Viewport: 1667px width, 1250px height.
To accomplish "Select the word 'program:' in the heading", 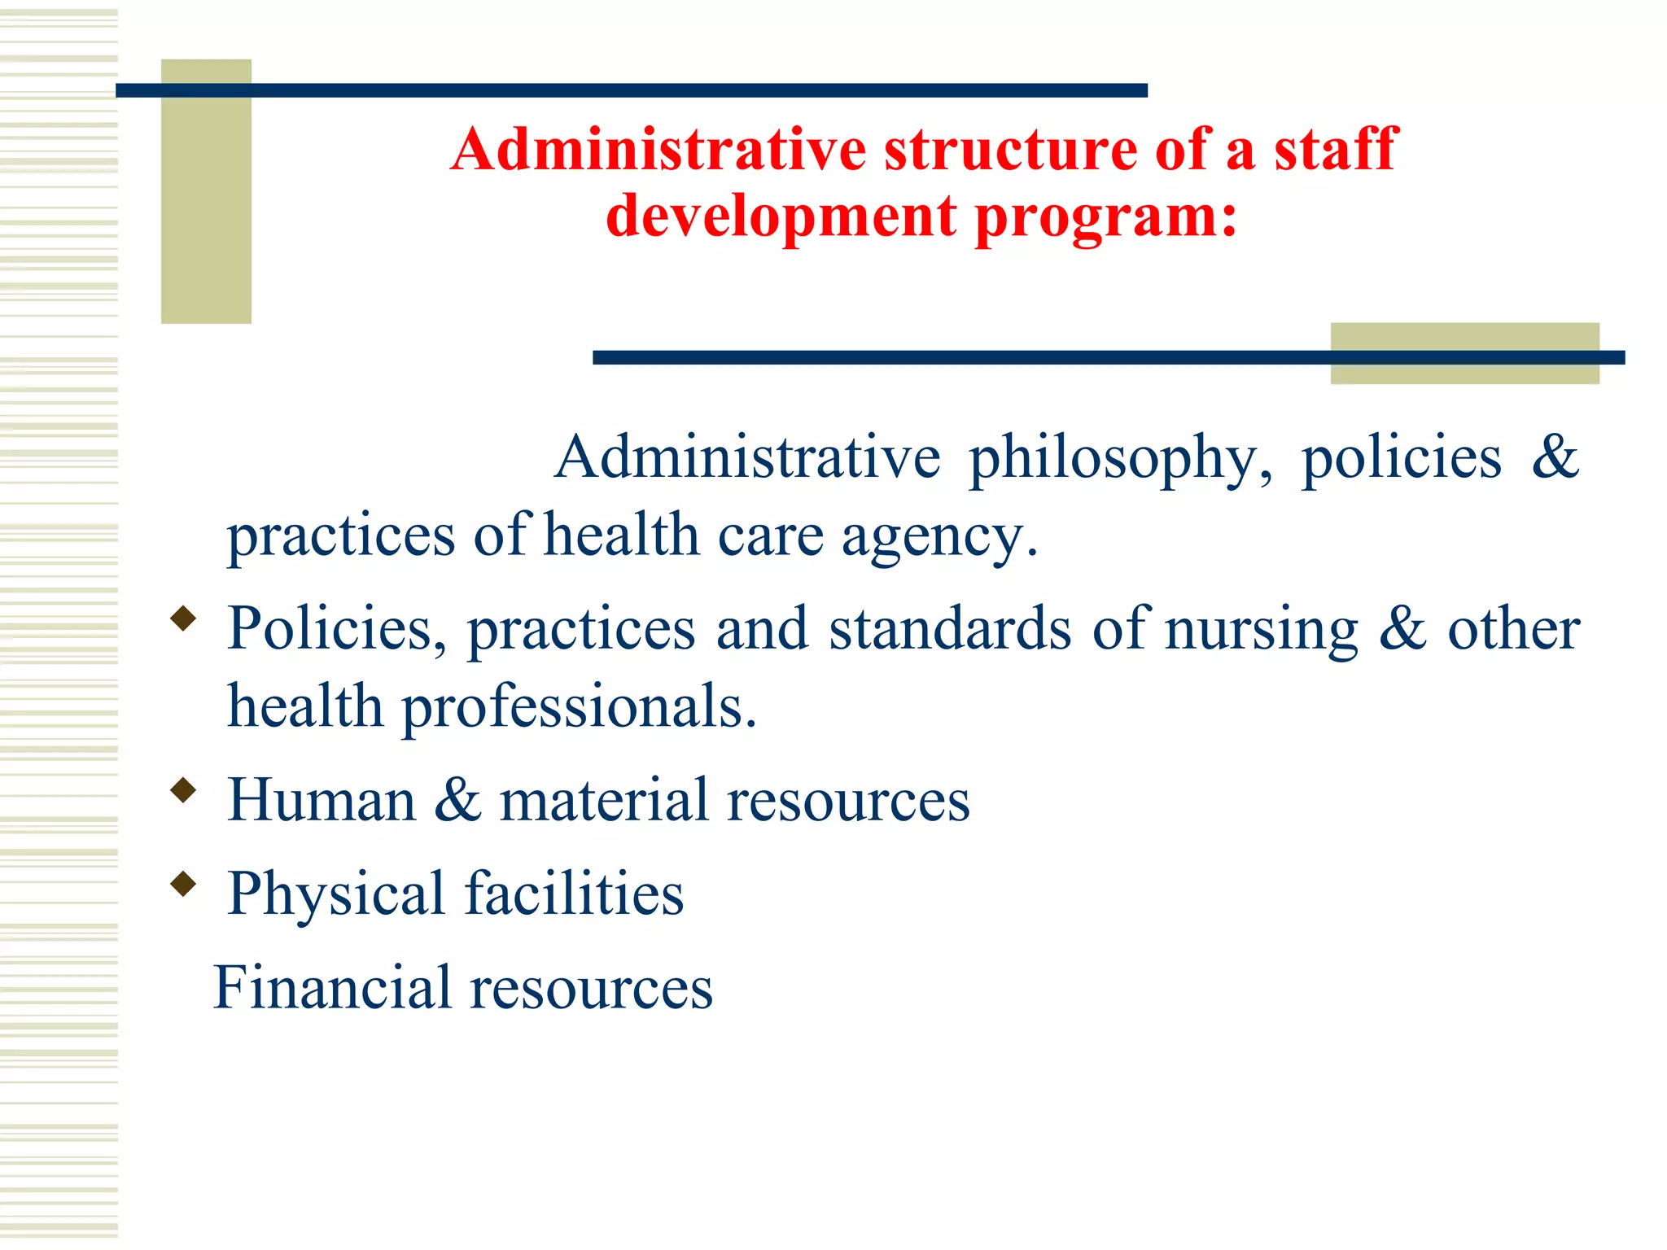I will click(1105, 218).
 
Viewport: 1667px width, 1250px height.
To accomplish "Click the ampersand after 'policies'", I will click(1555, 457).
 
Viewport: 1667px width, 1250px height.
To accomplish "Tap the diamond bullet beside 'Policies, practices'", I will click(184, 618).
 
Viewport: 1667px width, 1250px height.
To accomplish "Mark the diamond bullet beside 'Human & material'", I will click(184, 790).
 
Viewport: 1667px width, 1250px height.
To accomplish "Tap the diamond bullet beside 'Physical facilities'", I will click(184, 884).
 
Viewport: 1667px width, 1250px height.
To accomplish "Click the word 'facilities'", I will click(574, 893).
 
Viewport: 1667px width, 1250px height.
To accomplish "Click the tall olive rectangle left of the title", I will click(206, 191).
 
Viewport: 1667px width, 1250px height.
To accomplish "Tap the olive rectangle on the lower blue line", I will click(1464, 353).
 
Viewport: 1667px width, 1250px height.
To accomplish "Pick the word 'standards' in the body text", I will click(950, 629).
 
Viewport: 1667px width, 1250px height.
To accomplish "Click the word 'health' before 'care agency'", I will click(622, 536).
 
